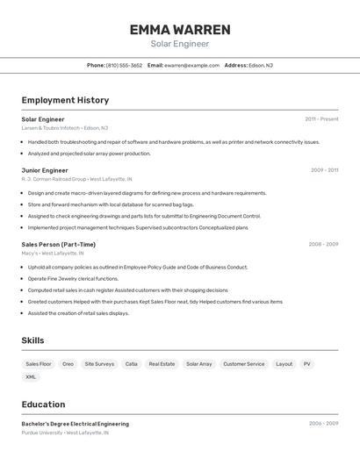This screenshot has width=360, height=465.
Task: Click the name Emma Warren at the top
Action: pos(180,30)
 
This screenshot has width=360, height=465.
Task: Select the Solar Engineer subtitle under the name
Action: pos(180,44)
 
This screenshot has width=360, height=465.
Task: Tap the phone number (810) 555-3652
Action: pos(124,65)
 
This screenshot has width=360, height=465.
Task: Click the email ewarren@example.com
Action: pos(191,65)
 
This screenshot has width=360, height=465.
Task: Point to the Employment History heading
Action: pos(65,100)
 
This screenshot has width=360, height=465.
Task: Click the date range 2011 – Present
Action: pos(321,119)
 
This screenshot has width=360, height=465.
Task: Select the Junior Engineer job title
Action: pos(45,170)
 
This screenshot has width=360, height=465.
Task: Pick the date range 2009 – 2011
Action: pos(324,170)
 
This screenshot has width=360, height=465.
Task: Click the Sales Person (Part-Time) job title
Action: pos(59,244)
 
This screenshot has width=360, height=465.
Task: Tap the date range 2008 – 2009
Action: pos(323,244)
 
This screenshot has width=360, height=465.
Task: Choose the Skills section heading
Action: pos(33,340)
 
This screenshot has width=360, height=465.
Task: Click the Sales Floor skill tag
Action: pos(39,363)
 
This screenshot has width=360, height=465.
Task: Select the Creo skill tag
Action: pos(68,363)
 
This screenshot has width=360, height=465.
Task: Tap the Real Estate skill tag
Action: pos(162,363)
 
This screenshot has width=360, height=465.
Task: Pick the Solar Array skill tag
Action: pos(199,363)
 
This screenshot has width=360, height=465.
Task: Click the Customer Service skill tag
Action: pos(243,363)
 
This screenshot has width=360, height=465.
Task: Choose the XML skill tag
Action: pos(31,376)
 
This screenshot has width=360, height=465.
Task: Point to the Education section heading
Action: pos(44,404)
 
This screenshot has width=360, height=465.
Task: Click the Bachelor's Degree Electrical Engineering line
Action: pos(76,424)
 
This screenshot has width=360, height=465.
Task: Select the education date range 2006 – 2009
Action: pos(323,424)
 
